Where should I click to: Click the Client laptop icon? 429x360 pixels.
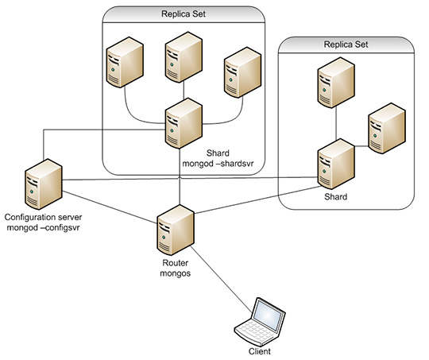(x=261, y=322)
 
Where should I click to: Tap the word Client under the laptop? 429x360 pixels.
(x=259, y=351)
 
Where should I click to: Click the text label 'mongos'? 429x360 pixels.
(x=176, y=273)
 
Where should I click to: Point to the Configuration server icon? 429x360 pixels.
(x=44, y=184)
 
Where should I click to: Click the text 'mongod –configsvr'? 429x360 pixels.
(x=43, y=228)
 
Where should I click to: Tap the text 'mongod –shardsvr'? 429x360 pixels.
(x=218, y=164)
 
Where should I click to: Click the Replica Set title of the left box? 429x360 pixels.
(x=184, y=14)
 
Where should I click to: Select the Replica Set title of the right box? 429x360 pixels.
(x=346, y=45)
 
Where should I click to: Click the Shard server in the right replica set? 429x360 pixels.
(x=336, y=164)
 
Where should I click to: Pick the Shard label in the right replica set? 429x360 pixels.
(x=336, y=197)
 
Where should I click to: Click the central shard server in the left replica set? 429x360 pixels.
(x=184, y=123)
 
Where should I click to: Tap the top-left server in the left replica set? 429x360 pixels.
(x=125, y=63)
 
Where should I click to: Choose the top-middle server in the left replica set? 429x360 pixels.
(x=184, y=57)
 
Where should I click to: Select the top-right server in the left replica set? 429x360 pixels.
(x=242, y=72)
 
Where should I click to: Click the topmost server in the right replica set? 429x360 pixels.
(x=336, y=83)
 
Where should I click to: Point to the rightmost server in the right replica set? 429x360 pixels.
(x=387, y=129)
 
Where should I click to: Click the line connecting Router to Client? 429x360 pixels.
(x=221, y=279)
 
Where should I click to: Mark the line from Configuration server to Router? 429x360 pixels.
(x=110, y=207)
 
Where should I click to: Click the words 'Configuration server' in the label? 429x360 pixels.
(x=43, y=218)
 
